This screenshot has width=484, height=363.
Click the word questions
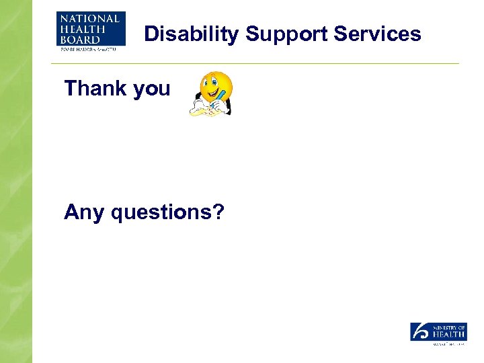click(x=160, y=213)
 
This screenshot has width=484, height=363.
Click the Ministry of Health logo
click(x=438, y=333)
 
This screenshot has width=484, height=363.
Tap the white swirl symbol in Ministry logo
click(x=420, y=331)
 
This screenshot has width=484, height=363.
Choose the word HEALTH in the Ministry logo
click(x=448, y=334)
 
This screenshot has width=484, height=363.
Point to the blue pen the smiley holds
click(x=216, y=99)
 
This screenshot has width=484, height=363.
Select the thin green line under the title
click(x=255, y=63)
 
